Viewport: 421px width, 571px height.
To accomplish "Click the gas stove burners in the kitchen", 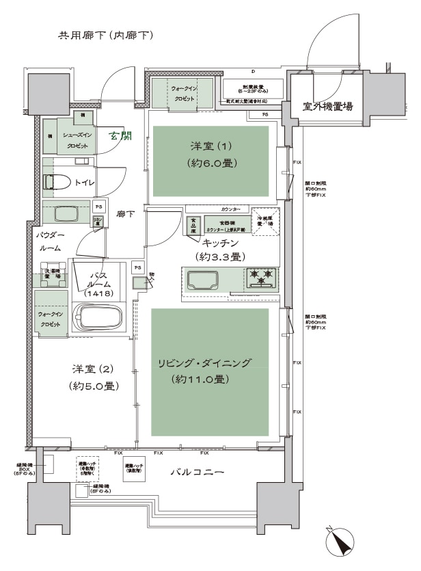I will tap(263, 276).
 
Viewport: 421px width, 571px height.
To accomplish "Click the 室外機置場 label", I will tap(327, 106).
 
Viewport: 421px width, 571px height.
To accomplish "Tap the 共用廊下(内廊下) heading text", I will tap(103, 35).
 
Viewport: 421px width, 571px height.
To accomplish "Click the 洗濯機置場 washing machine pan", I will tap(52, 272).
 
